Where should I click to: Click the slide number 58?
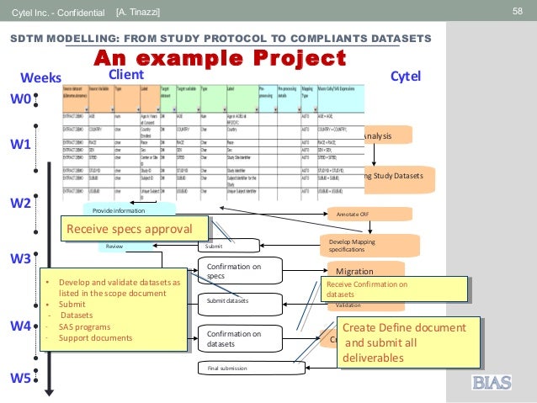[x=518, y=11]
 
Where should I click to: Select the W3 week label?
[x=21, y=258]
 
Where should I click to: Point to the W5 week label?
[x=21, y=378]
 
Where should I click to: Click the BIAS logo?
[x=491, y=384]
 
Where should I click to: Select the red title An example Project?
[x=219, y=58]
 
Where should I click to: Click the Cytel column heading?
[x=406, y=77]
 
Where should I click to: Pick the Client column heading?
[x=126, y=74]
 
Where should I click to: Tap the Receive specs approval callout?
[x=137, y=229]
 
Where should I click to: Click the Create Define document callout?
[x=409, y=342]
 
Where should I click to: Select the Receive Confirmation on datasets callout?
[x=393, y=289]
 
